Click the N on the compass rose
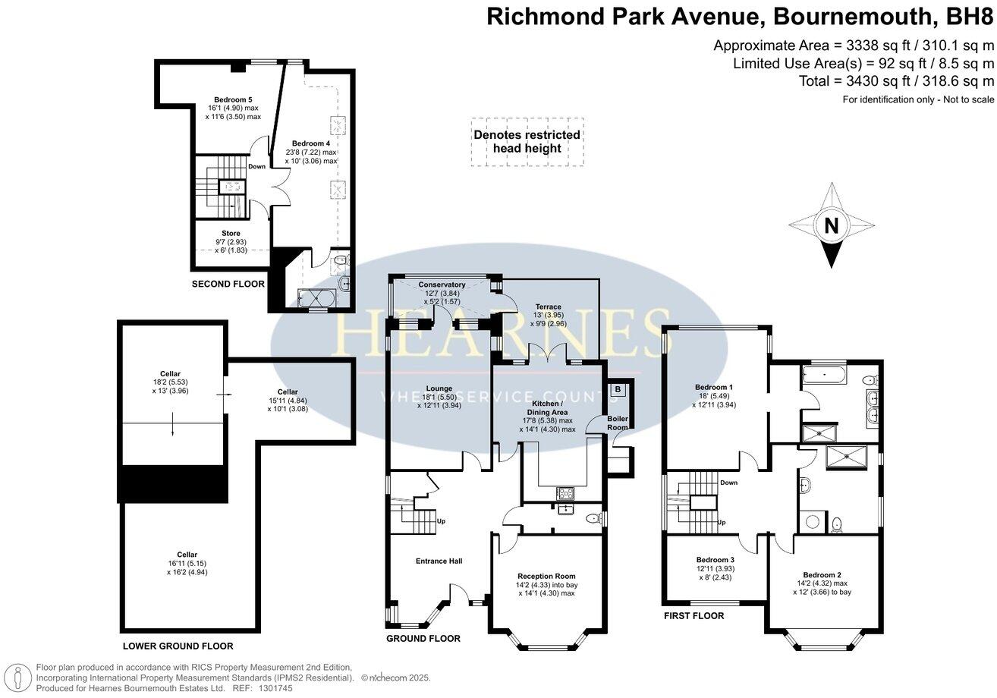coord(832,225)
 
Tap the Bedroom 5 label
coord(233,99)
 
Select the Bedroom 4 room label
coord(310,143)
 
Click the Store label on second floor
coord(231,233)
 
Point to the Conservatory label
coord(442,285)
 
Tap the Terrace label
coord(548,307)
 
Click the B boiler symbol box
coord(618,390)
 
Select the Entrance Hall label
coord(439,561)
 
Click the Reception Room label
coord(546,576)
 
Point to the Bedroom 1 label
coord(713,387)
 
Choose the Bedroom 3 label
coord(716,560)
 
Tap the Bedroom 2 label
coord(822,574)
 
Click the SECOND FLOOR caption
coord(228,284)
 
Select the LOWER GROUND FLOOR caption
coord(178,646)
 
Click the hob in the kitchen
coord(566,493)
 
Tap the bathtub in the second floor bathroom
coord(316,298)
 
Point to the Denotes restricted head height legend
coord(527,142)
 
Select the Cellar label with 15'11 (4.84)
coord(288,391)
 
